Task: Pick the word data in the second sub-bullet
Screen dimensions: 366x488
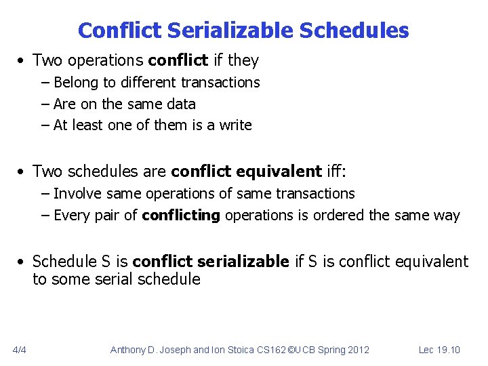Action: (x=181, y=104)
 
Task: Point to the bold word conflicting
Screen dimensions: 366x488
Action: (x=181, y=216)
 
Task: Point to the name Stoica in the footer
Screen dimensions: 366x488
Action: (x=230, y=350)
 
